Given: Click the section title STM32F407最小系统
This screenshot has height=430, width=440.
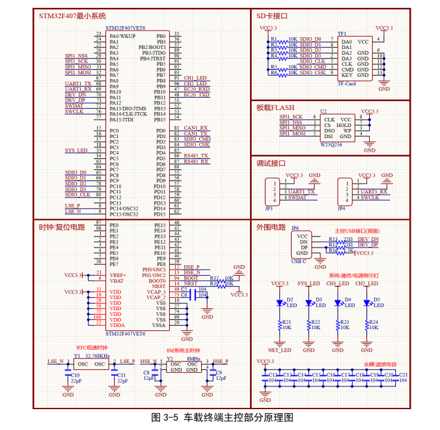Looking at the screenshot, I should coord(72,15).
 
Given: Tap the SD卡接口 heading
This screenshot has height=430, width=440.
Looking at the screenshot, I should coord(271,15).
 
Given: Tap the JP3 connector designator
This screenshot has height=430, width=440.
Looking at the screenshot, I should coord(268,208).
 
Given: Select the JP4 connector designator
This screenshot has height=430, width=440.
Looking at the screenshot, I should coord(341,208).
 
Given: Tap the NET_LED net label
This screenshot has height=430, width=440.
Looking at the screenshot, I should coord(279,349).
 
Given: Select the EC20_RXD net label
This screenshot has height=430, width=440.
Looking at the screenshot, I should coord(197,89).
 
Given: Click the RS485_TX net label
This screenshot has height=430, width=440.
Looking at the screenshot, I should coord(195,156).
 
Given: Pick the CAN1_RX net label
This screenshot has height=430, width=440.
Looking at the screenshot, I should coord(195,128).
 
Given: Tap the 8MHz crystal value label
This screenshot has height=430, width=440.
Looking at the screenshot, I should coord(193,358).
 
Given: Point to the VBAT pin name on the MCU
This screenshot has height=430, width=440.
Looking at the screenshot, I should coord(117,280).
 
